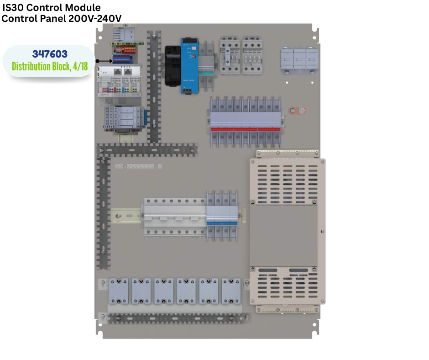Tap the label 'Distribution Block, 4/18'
(x=50, y=66)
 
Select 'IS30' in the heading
(x=14, y=8)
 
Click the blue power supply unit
(x=188, y=66)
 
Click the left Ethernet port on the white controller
(x=118, y=71)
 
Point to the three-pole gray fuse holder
(x=299, y=59)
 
